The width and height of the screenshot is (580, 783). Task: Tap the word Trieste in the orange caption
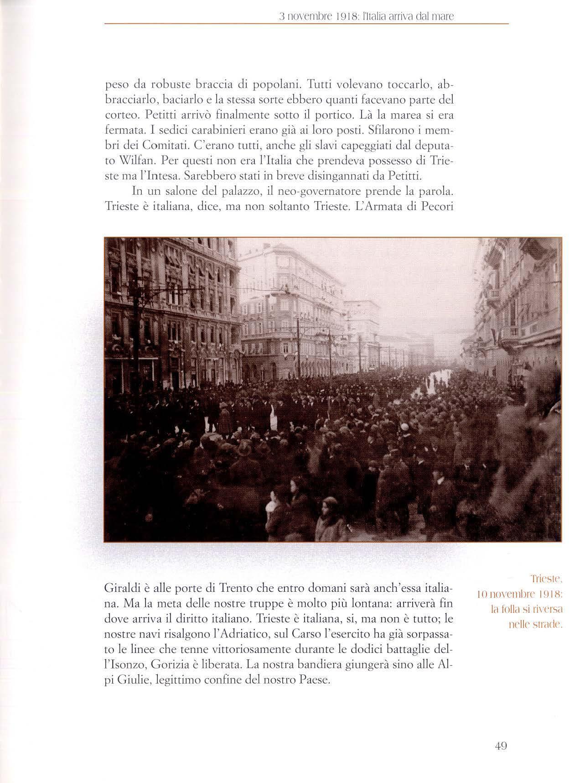547,580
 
